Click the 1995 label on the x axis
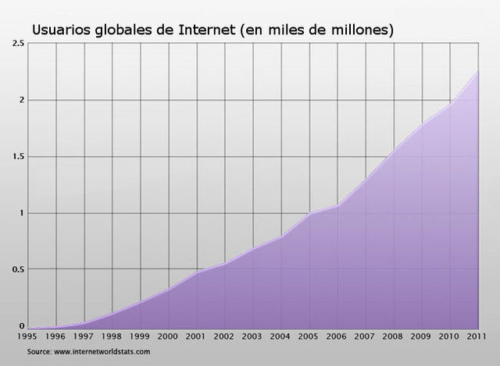tap(29, 337)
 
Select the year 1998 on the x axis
tap(113, 337)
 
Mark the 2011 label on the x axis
tap(477, 337)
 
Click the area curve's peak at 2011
tap(477, 71)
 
